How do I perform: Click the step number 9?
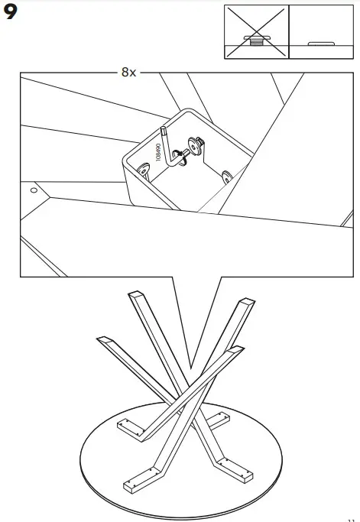pyautogui.click(x=13, y=14)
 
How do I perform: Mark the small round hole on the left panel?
pyautogui.click(x=33, y=186)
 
